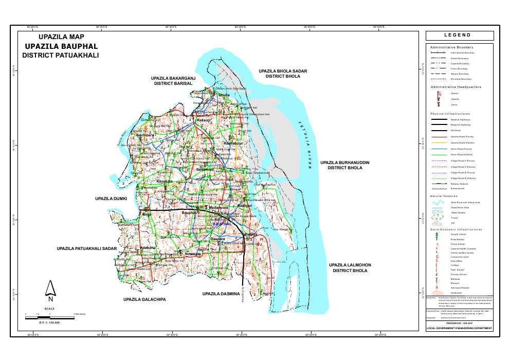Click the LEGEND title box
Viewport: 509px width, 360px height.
[460, 35]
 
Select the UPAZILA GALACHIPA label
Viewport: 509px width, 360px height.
[144, 299]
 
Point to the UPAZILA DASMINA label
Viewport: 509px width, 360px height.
[221, 294]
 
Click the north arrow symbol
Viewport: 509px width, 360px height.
[50, 291]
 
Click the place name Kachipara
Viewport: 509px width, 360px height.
[145, 135]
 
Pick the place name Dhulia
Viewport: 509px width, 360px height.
[224, 95]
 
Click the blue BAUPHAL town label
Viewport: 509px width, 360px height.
[222, 224]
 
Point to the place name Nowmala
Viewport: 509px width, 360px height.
[193, 255]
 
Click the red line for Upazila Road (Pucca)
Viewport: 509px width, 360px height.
[440, 136]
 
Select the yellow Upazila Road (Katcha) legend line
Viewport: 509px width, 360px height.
[440, 142]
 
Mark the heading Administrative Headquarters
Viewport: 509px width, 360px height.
[456, 87]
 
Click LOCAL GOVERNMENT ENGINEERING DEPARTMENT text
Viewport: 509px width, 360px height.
[460, 328]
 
